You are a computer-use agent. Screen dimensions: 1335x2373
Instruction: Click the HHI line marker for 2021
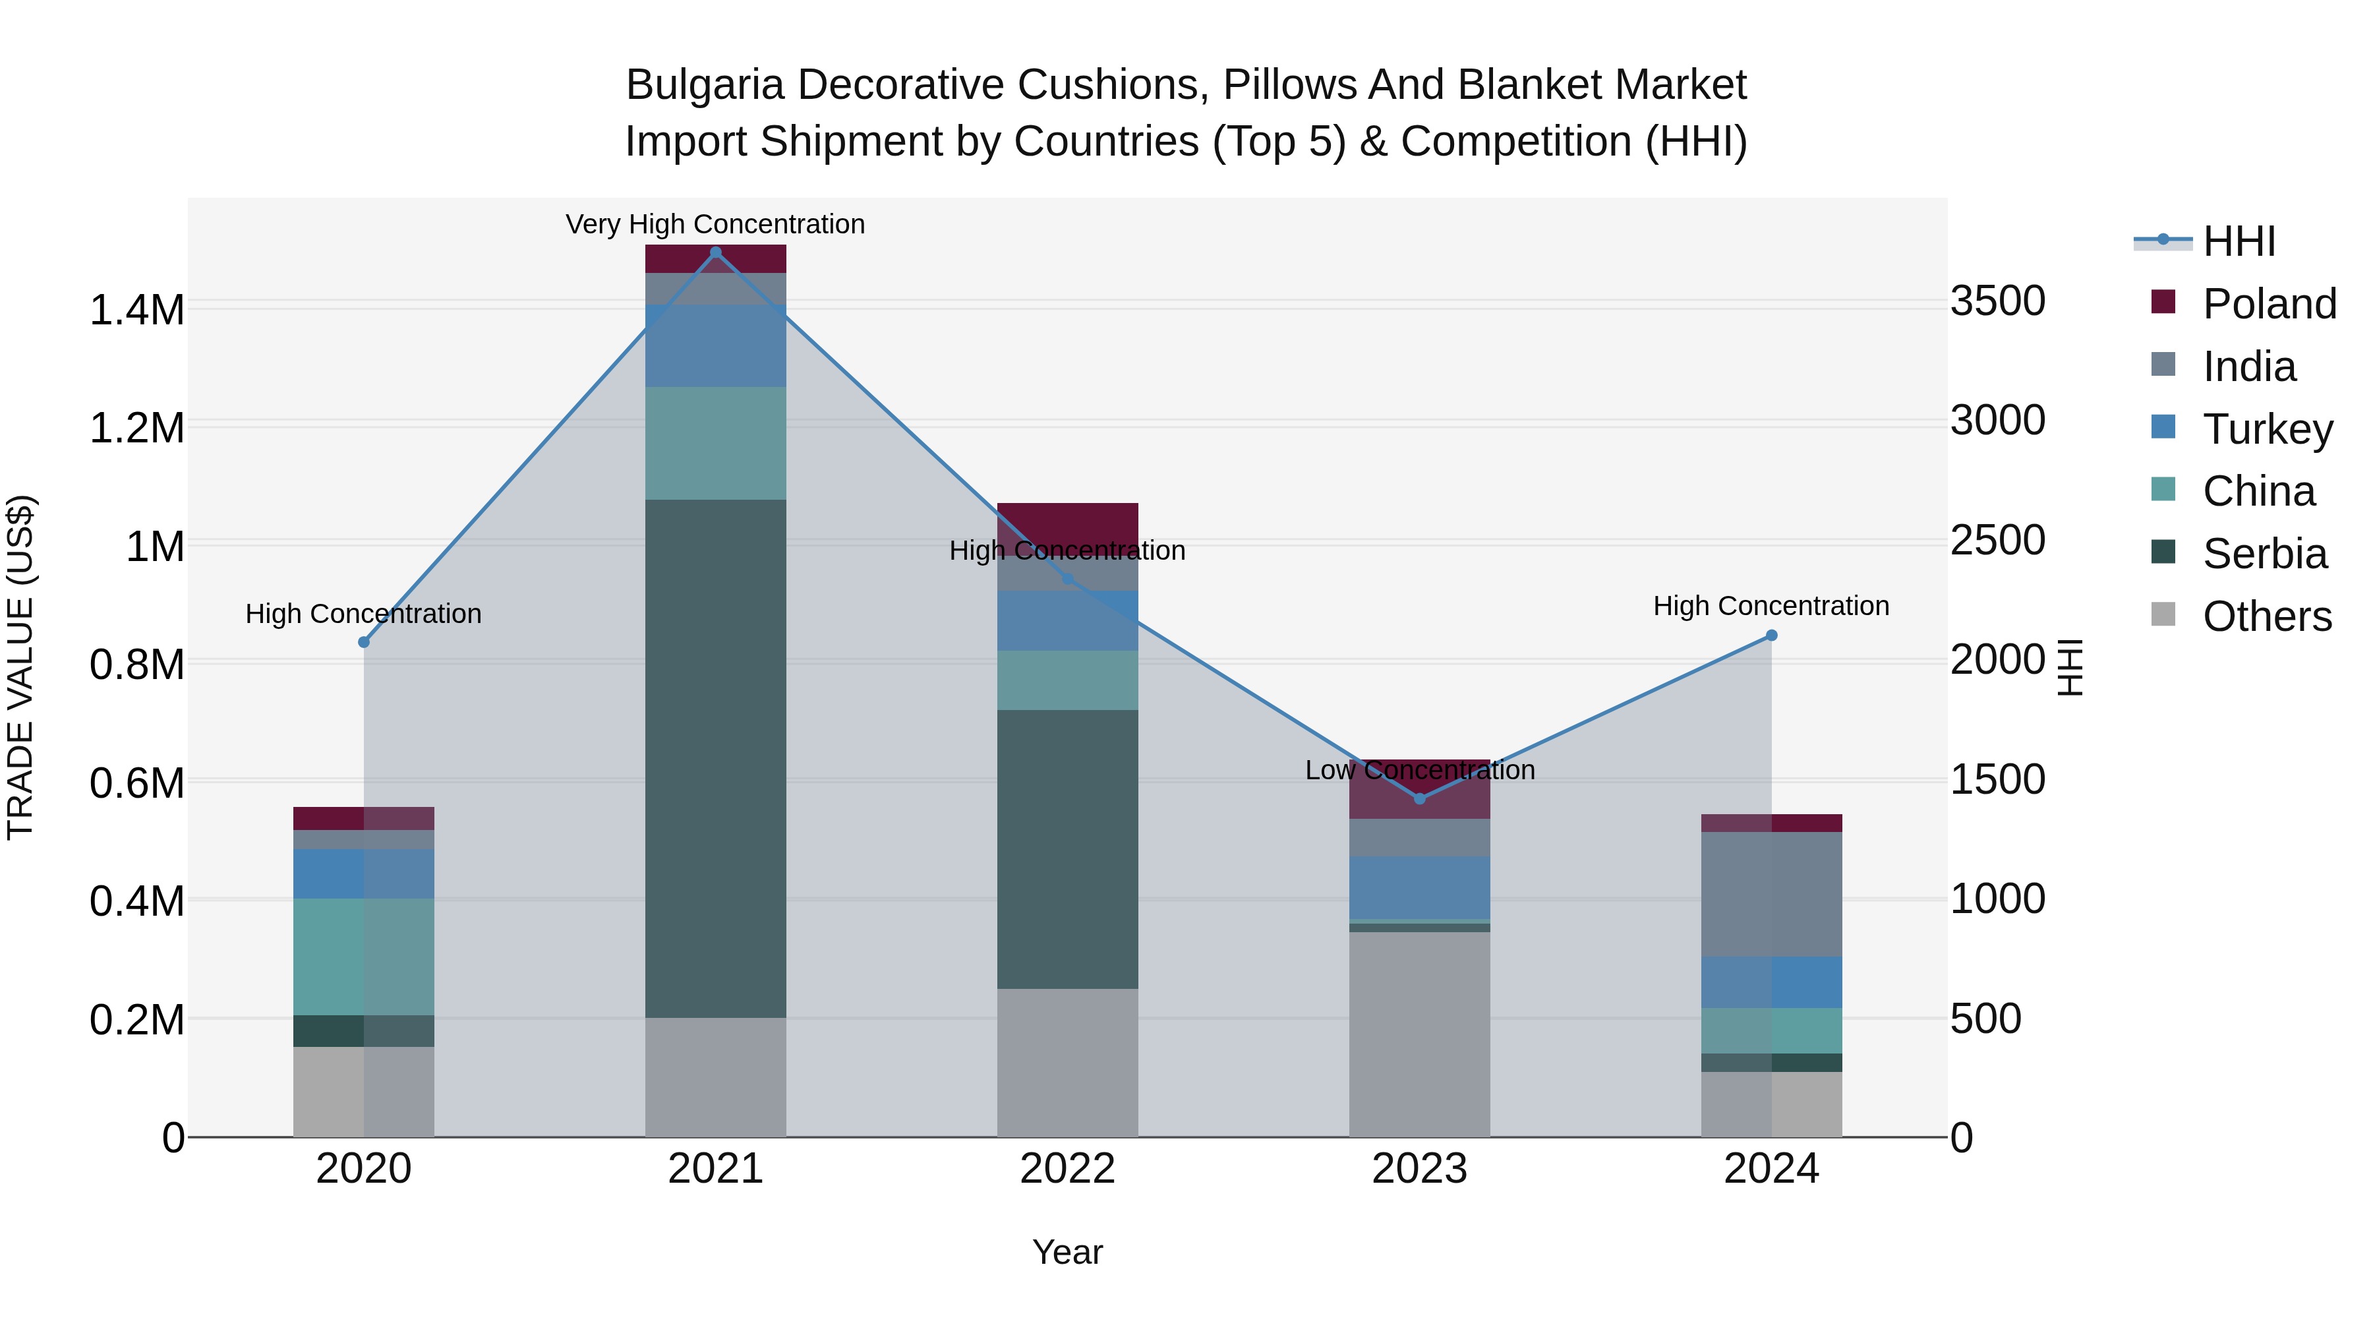(716, 252)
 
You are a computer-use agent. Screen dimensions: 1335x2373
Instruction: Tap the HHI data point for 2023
(1420, 799)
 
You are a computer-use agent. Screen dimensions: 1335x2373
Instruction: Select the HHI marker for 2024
(1771, 636)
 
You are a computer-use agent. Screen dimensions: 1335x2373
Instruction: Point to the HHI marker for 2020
(364, 642)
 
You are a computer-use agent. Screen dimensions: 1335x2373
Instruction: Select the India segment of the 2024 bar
(1771, 894)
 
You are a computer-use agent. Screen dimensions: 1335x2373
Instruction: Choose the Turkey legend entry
(2267, 429)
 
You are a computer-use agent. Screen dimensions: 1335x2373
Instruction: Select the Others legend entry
(2266, 616)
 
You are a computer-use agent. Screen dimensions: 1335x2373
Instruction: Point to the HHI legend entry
(2239, 241)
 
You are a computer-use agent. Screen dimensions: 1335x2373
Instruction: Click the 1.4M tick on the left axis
(136, 311)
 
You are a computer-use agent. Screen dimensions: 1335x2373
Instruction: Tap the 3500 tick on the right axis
(1997, 301)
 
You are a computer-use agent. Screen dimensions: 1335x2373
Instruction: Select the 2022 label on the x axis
(1068, 1169)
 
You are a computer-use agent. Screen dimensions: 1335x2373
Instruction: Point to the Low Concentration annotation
(1420, 770)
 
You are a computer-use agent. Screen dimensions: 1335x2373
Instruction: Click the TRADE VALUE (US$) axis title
(20, 667)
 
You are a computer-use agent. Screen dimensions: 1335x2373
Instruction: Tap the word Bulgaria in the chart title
(705, 85)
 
